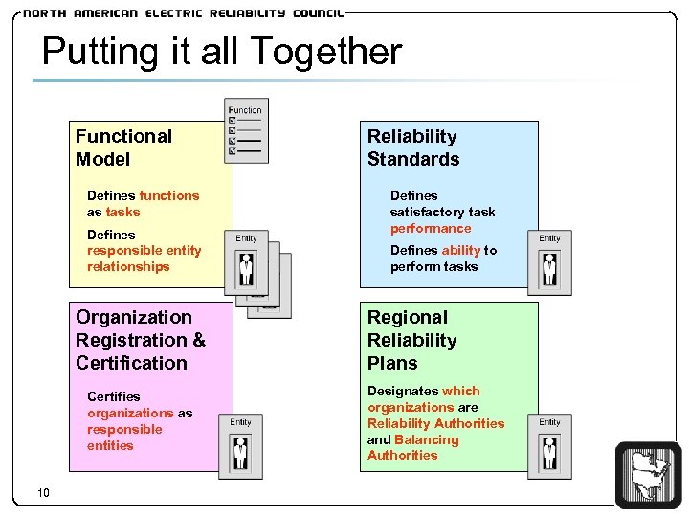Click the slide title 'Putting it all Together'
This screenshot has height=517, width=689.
[x=222, y=51]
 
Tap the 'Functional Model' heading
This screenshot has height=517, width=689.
[x=123, y=147]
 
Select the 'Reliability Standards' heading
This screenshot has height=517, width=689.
[x=413, y=147]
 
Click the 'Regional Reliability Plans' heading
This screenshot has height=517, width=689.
[x=412, y=340]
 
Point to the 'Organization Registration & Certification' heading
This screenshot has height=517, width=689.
[x=141, y=340]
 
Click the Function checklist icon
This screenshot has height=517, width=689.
[x=246, y=130]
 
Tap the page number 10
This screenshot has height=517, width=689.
[x=43, y=492]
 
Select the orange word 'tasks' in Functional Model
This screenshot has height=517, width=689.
[x=122, y=213]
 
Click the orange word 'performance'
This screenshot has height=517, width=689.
[x=431, y=229]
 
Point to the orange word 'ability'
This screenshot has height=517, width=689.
[x=460, y=251]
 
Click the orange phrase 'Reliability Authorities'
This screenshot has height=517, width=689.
[x=435, y=424]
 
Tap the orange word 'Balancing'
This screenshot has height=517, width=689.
[x=427, y=440]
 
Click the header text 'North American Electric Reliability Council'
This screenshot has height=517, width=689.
[x=182, y=13]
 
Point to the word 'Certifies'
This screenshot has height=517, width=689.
[x=113, y=396]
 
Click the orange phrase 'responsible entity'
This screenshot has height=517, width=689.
[x=144, y=251]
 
